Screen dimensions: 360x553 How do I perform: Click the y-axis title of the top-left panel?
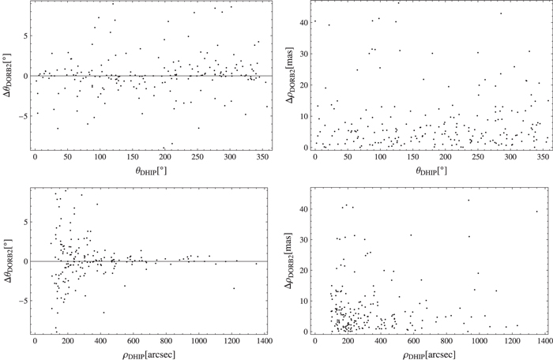click(8, 76)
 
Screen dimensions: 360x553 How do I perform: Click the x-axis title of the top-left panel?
click(149, 170)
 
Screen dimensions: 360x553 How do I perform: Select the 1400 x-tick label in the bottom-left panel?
click(264, 341)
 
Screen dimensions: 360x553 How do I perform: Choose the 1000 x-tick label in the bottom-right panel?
click(479, 341)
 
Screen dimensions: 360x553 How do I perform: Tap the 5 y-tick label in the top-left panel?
click(22, 36)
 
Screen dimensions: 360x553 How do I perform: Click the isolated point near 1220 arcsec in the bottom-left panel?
click(234, 288)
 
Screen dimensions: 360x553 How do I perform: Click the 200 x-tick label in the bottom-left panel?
click(67, 341)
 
